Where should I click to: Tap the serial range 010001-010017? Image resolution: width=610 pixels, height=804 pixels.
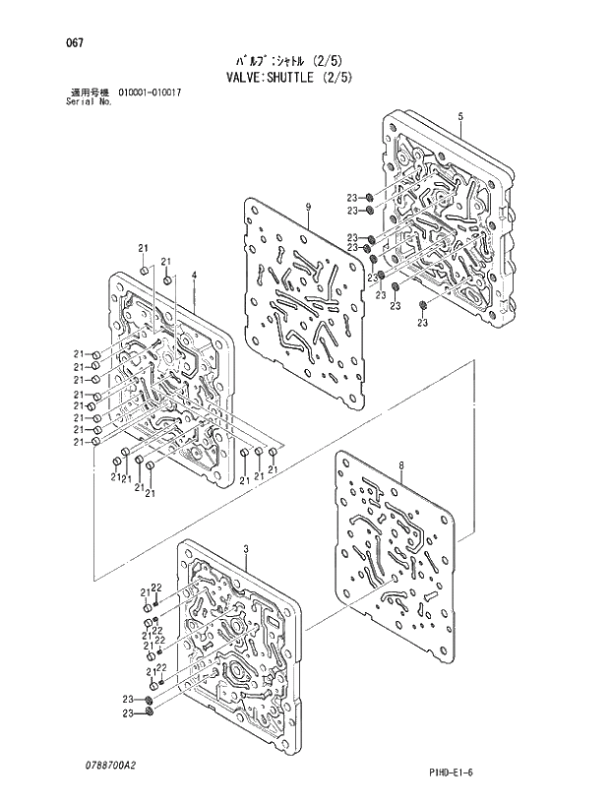150,93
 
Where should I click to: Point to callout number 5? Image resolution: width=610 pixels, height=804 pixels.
460,117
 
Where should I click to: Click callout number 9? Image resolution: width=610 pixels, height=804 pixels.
308,206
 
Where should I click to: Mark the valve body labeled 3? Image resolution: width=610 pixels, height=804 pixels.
236,649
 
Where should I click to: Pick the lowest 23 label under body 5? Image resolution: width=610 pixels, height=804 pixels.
423,323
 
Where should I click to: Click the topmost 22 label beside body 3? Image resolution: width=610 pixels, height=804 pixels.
155,588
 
